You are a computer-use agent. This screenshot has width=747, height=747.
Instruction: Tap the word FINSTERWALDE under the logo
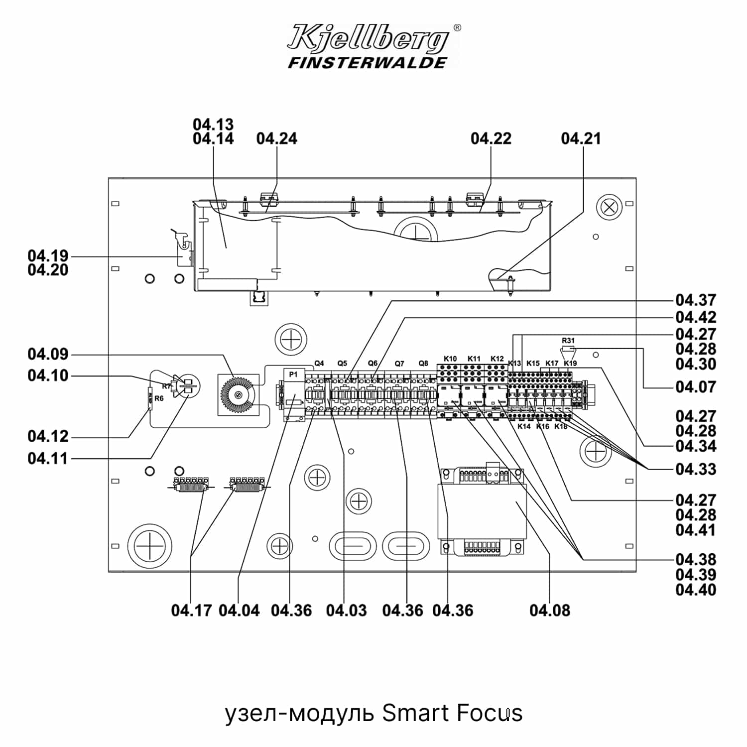point(368,63)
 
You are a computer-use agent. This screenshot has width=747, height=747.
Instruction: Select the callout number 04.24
point(276,138)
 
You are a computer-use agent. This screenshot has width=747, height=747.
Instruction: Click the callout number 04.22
point(491,138)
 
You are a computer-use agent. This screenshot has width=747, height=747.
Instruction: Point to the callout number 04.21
point(581,138)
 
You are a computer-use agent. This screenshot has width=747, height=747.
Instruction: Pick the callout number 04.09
point(48,355)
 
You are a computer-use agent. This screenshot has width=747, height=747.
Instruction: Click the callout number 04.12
point(48,436)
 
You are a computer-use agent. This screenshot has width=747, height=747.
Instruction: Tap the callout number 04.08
point(550,610)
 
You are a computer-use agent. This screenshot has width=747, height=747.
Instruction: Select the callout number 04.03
point(346,610)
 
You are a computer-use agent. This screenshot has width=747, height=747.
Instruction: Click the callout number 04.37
point(696,300)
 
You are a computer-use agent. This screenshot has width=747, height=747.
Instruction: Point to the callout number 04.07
point(696,387)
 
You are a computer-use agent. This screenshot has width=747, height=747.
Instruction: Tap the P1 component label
point(293,374)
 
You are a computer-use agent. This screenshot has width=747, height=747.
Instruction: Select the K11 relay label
point(474,359)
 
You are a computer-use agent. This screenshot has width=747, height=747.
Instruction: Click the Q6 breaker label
point(373,364)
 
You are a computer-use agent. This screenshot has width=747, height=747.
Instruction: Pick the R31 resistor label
point(568,341)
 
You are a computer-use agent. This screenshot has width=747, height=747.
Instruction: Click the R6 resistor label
point(159,398)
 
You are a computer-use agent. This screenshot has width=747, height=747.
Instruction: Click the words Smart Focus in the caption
point(452,713)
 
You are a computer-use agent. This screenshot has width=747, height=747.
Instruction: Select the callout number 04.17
point(192,610)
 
